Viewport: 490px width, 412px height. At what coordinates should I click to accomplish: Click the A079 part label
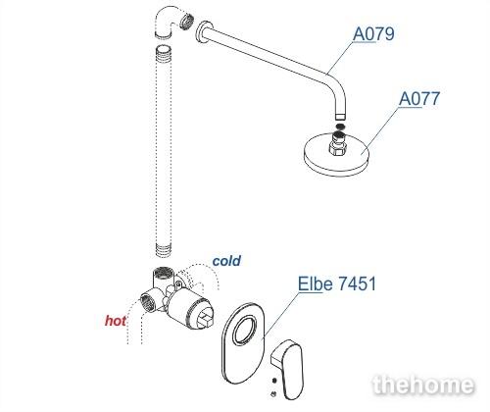pyautogui.click(x=373, y=34)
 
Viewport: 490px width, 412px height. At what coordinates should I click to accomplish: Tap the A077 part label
pyautogui.click(x=419, y=99)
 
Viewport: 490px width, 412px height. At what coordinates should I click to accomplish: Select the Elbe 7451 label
pyautogui.click(x=337, y=283)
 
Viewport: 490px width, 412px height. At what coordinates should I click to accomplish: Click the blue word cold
pyautogui.click(x=226, y=261)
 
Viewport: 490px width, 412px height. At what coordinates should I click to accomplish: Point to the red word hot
pyautogui.click(x=116, y=321)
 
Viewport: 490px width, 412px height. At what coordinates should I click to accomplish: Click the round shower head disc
pyautogui.click(x=336, y=156)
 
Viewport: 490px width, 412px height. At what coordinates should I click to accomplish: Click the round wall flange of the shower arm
pyautogui.click(x=204, y=32)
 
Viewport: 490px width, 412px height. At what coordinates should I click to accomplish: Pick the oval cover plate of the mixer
pyautogui.click(x=243, y=343)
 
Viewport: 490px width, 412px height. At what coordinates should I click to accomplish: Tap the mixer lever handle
pyautogui.click(x=287, y=370)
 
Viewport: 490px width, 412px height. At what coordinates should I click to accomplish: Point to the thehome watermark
pyautogui.click(x=423, y=385)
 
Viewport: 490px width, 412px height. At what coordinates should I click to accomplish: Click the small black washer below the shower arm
pyautogui.click(x=340, y=127)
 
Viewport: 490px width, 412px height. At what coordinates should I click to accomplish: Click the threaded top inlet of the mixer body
pyautogui.click(x=162, y=273)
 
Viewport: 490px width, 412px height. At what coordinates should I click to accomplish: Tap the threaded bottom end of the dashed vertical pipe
pyautogui.click(x=163, y=250)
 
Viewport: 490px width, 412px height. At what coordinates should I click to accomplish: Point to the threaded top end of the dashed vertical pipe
pyautogui.click(x=164, y=50)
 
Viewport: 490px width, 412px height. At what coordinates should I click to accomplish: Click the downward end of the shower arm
pyautogui.click(x=340, y=116)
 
